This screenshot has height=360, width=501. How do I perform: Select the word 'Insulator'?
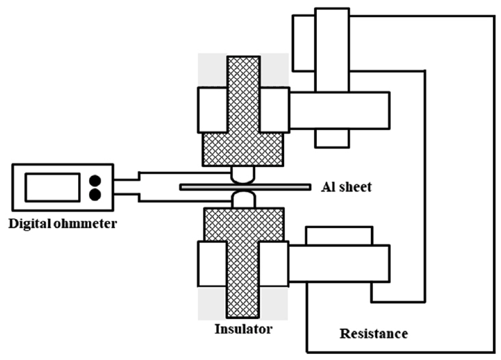[243, 329]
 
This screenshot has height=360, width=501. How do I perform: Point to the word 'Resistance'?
[374, 334]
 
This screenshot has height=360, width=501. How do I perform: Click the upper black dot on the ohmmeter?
[95, 180]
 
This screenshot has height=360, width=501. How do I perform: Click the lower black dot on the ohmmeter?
[95, 194]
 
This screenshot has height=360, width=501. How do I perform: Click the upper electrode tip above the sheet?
[243, 176]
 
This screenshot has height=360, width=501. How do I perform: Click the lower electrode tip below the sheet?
[243, 198]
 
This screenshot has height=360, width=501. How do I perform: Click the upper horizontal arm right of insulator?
[339, 110]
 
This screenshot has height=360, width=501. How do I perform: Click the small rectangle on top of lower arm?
[339, 236]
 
